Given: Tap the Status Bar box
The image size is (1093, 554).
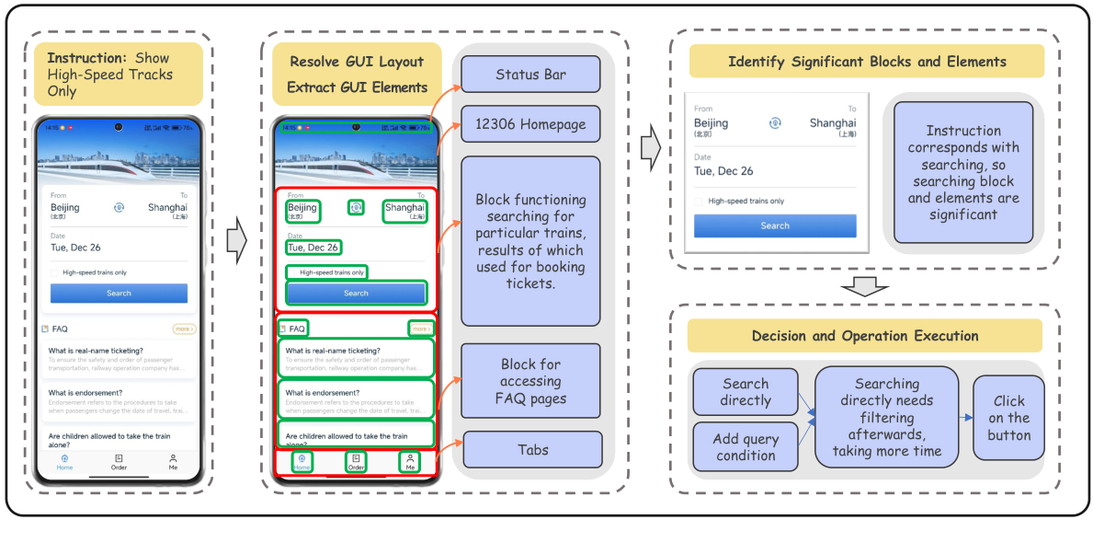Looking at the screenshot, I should click(x=530, y=75).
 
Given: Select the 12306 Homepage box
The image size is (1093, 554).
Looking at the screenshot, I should click(x=530, y=124).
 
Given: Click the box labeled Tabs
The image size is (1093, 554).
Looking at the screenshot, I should click(x=532, y=450).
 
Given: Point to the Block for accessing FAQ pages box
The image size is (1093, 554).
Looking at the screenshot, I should click(x=530, y=381).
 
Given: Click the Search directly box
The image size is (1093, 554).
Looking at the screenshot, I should click(x=746, y=392).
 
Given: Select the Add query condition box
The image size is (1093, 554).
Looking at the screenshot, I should click(x=746, y=446).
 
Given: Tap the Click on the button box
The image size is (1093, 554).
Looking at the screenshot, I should click(x=1008, y=418).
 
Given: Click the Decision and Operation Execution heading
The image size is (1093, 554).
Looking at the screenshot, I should click(x=864, y=336).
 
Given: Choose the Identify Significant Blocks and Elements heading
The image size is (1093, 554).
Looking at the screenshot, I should click(x=867, y=62).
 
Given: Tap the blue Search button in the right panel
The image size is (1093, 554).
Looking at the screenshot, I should click(x=775, y=225).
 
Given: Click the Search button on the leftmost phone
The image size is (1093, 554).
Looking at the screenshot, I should click(x=119, y=294).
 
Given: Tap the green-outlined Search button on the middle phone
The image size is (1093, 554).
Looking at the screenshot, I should click(x=356, y=294).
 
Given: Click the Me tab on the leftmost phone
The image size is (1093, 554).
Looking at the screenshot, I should click(x=173, y=461).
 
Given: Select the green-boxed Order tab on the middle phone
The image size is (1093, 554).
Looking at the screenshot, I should click(x=356, y=462).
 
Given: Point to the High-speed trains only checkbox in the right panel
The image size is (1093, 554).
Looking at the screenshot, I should click(x=700, y=202).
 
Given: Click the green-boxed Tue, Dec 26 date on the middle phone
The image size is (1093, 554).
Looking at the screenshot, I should click(x=313, y=248).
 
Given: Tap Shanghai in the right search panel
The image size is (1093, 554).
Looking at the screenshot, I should click(x=832, y=123).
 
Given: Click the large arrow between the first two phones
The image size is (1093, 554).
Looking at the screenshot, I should click(x=237, y=242).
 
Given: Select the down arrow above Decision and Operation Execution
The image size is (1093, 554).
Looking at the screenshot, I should click(x=864, y=287).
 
